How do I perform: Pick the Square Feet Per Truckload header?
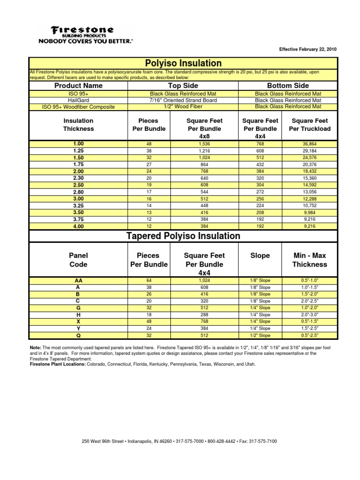click(310, 125)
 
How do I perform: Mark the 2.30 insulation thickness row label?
click(78, 179)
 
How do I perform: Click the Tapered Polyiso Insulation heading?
click(183, 236)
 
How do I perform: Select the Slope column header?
click(260, 255)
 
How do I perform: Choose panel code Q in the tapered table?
click(78, 336)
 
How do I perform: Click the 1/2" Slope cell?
click(260, 336)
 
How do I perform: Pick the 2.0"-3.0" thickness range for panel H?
click(310, 315)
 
